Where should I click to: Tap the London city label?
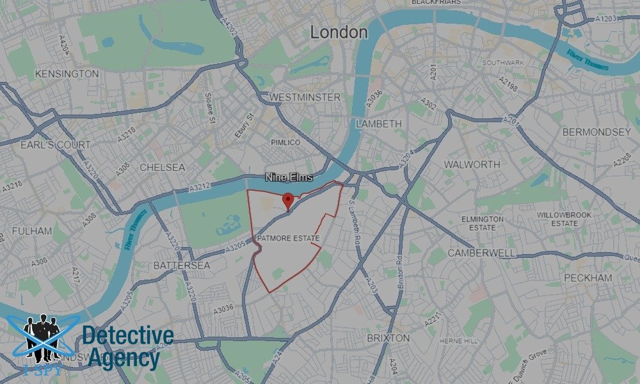[x=339, y=32]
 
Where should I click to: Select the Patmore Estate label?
[x=288, y=239]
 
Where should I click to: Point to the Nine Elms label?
[x=289, y=177]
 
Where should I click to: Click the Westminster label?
[x=305, y=97]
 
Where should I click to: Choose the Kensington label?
[x=67, y=74]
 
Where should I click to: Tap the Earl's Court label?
[x=56, y=145]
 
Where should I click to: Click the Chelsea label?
[x=162, y=167]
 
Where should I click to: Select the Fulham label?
[x=32, y=230]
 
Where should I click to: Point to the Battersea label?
[x=182, y=264]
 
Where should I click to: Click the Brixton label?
[x=388, y=337]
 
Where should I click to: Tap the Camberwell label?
[x=481, y=253]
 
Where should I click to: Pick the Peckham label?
[x=588, y=278]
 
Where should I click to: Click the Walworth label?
[x=472, y=164]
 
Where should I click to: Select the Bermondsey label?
[x=596, y=132]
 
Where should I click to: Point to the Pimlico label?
[x=285, y=142]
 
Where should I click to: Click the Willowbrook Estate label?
[x=557, y=219]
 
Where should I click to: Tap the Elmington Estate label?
[x=482, y=223]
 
